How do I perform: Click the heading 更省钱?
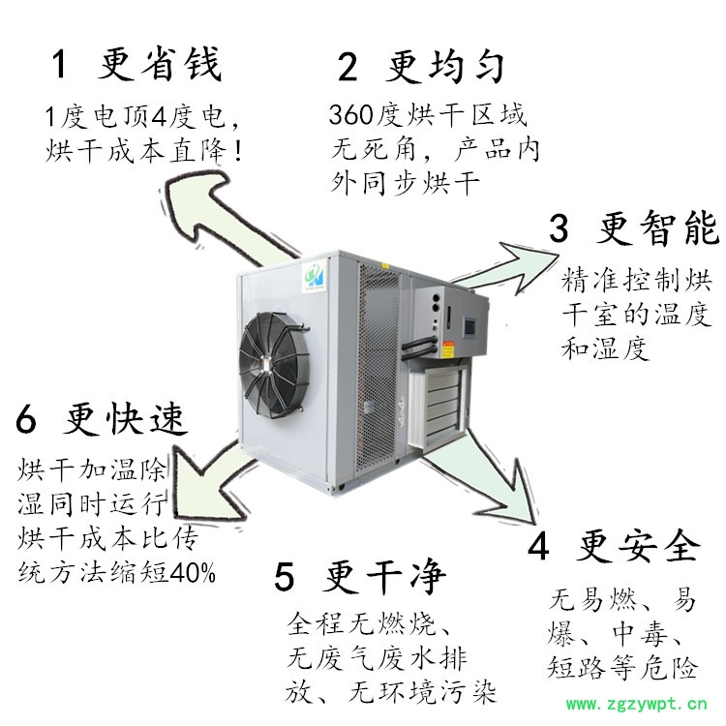point(160,64)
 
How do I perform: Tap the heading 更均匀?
point(444,67)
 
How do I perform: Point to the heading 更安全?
point(638,545)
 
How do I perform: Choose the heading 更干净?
point(384,576)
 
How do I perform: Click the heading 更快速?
point(125,419)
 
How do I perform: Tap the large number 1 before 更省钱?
point(59,65)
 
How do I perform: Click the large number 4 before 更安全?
point(538,546)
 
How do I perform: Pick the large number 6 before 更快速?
point(26,419)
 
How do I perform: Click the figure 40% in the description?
point(193,572)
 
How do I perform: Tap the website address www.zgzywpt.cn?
point(637,705)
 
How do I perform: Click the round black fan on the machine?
point(274,364)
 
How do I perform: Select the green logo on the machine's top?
point(315,276)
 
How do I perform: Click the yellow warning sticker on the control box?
point(447,349)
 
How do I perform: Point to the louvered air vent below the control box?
point(439,407)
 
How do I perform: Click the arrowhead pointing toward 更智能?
point(531,266)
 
